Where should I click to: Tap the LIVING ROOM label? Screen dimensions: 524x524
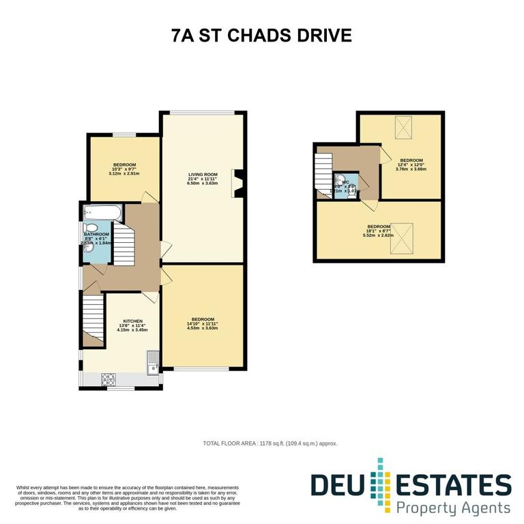(x=203, y=175)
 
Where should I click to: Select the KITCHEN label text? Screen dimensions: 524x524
(x=132, y=321)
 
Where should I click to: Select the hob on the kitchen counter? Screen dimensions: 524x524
(x=109, y=380)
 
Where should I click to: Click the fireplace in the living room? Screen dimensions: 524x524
(x=238, y=183)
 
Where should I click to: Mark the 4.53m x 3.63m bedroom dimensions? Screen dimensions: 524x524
(x=203, y=328)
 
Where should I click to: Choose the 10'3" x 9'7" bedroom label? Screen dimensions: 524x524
(x=124, y=169)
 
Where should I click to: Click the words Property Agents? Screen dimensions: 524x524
(x=454, y=508)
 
